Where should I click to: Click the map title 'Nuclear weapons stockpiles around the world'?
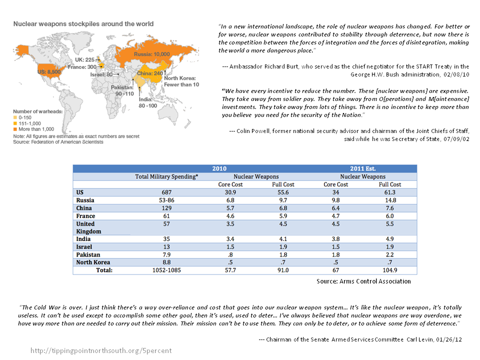83,23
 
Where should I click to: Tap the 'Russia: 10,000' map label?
152,53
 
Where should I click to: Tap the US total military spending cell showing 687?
167,192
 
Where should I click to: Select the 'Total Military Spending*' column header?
167,176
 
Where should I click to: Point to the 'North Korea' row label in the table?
93,262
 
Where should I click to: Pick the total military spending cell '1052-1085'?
167,270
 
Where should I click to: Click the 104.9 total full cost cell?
389,270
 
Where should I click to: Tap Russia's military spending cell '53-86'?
167,200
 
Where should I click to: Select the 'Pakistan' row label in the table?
88,254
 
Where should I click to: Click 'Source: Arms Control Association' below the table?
363,281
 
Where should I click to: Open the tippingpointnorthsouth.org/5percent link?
101,350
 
